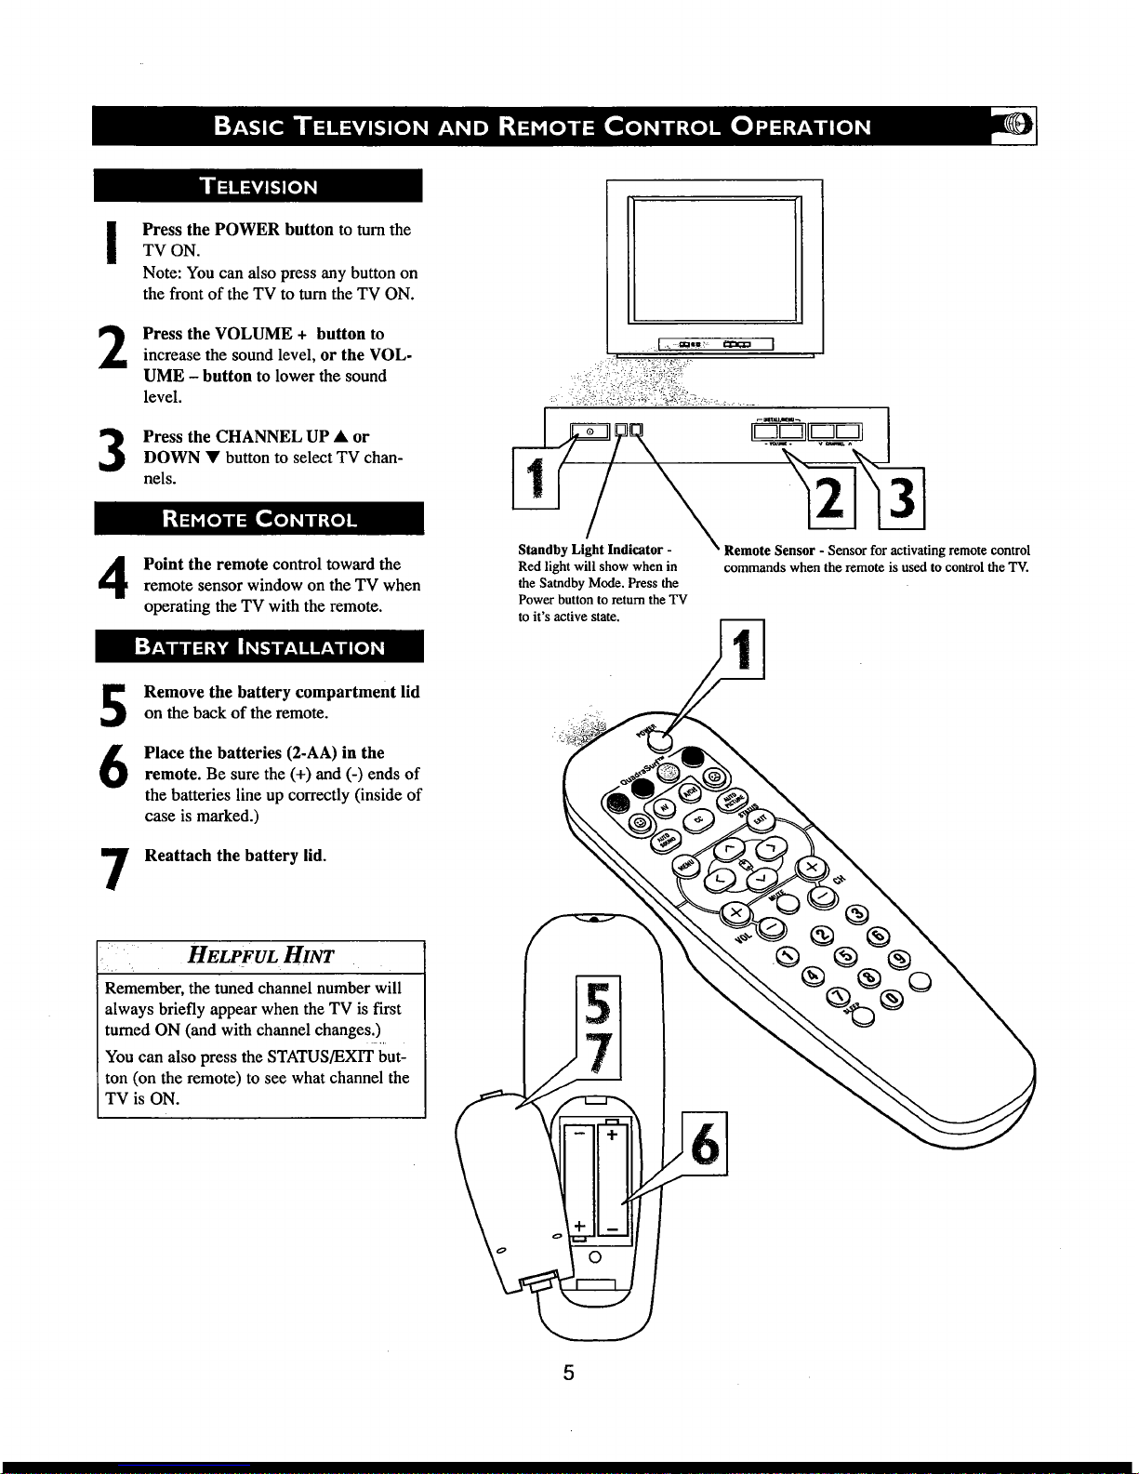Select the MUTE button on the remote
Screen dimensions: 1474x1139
(788, 901)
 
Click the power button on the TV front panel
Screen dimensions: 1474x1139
(589, 430)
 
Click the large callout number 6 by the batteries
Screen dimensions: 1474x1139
(706, 1143)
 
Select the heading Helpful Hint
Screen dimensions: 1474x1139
(260, 955)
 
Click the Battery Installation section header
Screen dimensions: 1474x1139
(259, 647)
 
